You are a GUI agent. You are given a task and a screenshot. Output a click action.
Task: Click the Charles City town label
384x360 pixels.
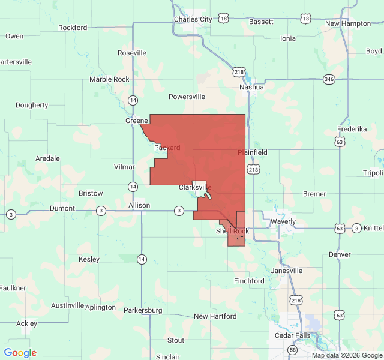click(193, 19)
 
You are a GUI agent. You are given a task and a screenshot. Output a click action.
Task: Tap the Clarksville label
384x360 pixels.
click(196, 188)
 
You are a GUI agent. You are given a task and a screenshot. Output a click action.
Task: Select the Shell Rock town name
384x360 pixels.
click(232, 231)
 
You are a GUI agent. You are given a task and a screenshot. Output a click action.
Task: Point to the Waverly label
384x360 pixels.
click(283, 221)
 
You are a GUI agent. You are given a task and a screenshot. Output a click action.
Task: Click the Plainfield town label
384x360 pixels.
click(253, 152)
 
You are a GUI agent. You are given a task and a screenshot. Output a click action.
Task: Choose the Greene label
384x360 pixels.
click(137, 121)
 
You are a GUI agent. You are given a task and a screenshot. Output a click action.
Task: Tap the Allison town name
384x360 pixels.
click(139, 205)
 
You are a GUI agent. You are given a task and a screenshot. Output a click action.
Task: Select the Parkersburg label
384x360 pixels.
click(143, 310)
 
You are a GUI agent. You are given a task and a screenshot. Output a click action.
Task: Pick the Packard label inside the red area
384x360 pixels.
click(167, 148)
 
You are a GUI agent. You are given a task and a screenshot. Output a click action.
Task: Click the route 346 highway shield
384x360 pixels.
click(329, 79)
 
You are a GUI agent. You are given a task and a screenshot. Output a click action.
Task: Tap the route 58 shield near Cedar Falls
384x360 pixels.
click(292, 349)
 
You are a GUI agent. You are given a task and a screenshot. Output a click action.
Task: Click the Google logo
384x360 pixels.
click(20, 353)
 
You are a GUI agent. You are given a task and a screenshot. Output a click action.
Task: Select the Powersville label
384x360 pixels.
click(187, 96)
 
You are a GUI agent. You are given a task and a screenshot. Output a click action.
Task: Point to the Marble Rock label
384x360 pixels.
click(109, 79)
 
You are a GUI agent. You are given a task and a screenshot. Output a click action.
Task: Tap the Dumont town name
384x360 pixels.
click(62, 208)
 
